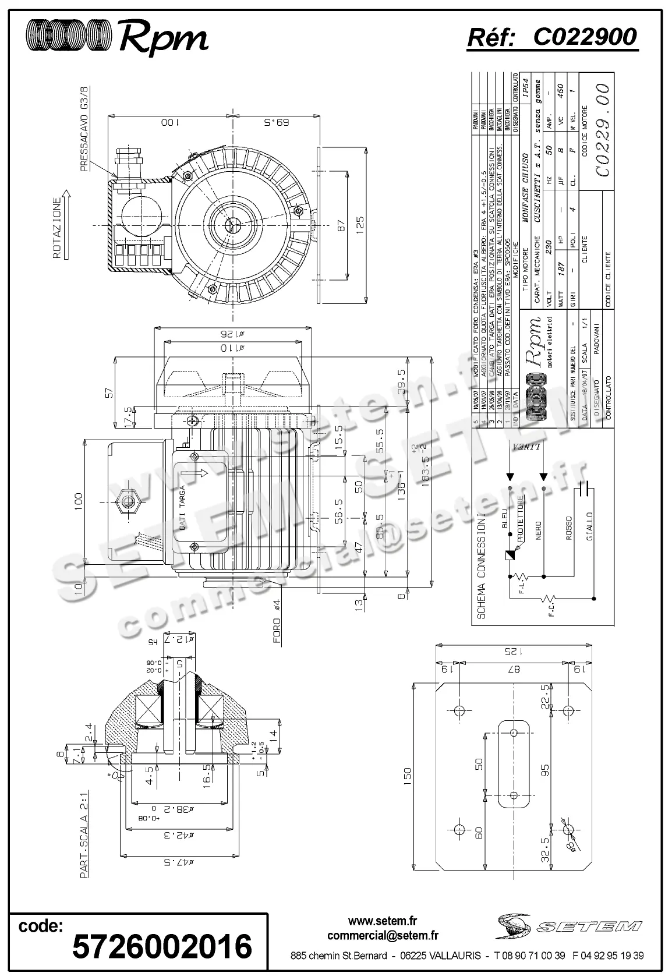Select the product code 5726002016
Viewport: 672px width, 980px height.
pyautogui.click(x=161, y=946)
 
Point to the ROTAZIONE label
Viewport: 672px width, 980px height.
pyautogui.click(x=56, y=228)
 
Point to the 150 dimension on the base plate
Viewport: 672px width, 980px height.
pyautogui.click(x=407, y=774)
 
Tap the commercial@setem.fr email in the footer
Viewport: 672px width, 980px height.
pyautogui.click(x=383, y=936)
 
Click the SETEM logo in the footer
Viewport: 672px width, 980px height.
pyautogui.click(x=569, y=925)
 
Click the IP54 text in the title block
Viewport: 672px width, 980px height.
pyautogui.click(x=525, y=89)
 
